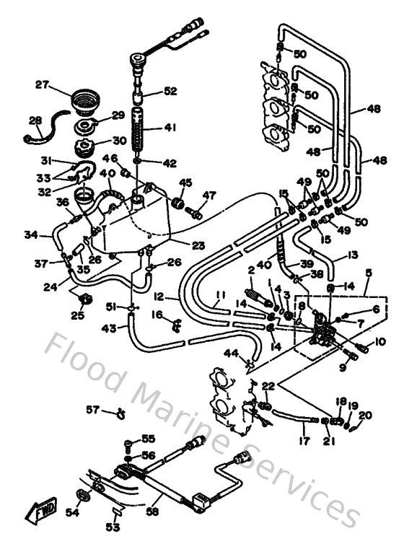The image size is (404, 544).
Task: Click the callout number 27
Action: coord(42,84)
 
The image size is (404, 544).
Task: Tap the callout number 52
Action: coord(170,92)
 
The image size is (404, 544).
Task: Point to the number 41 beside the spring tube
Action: coord(170,128)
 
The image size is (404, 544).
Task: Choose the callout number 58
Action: coord(152,511)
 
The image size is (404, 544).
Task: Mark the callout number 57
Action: coord(92,410)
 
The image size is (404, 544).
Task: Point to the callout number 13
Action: coord(353,255)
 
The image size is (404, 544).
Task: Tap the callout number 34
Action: coord(30,234)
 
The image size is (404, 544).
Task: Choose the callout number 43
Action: coord(110,329)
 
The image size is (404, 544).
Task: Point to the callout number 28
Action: coord(35,120)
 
